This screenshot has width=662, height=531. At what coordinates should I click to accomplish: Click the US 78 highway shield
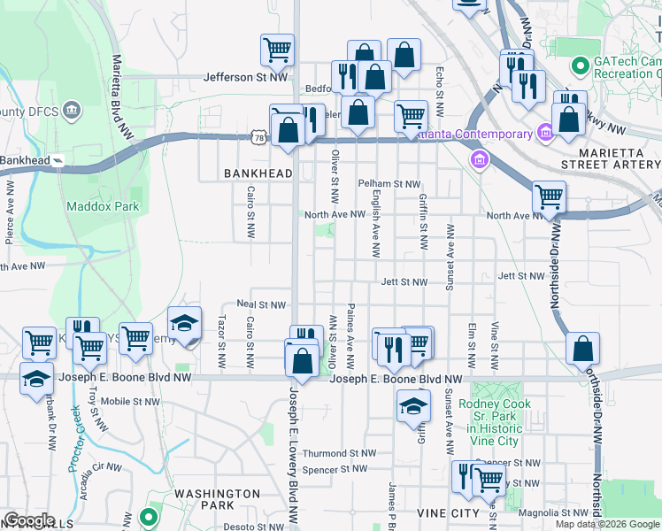258,138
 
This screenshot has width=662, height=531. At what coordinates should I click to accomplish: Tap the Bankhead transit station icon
58,160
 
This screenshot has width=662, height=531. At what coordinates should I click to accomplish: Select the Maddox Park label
102,206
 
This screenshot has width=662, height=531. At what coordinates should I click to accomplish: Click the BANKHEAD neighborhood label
258,173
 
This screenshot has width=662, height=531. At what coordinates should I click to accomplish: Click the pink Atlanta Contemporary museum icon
545,135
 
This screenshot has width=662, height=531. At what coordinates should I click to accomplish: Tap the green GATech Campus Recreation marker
581,65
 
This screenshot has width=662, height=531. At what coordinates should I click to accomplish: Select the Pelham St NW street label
389,184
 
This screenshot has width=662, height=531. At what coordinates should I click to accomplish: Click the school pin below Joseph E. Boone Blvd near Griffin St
412,407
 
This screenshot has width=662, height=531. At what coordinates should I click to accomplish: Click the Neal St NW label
260,304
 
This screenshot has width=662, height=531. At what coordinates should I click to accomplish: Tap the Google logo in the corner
30,520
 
